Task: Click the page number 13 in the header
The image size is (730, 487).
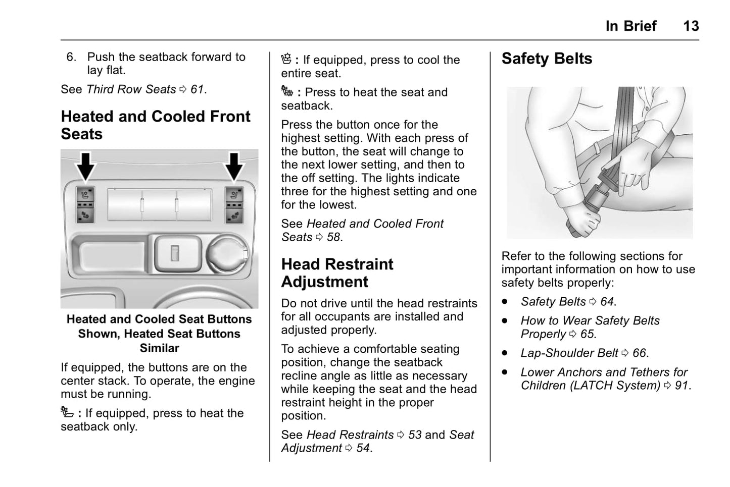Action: tap(691, 26)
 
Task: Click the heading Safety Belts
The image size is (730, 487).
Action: tap(547, 59)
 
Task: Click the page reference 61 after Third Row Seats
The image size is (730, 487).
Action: tap(197, 89)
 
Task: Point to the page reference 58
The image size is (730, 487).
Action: tap(333, 237)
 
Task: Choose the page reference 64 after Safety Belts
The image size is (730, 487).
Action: tap(607, 302)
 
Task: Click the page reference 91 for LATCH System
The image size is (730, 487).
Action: tap(682, 386)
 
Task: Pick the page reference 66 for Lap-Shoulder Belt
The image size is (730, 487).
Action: tap(639, 353)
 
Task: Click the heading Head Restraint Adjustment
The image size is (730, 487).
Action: tap(337, 273)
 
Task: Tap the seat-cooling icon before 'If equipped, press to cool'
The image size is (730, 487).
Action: tap(286, 59)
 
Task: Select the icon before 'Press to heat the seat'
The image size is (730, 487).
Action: tap(287, 91)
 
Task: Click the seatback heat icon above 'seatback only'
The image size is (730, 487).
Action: tap(67, 412)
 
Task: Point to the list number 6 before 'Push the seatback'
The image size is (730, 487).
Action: tap(71, 57)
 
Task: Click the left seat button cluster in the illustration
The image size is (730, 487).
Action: tap(85, 204)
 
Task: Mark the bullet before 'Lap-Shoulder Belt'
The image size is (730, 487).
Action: tap(505, 353)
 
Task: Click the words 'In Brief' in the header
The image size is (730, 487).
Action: tap(630, 26)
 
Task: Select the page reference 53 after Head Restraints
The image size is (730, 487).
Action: tap(414, 435)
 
